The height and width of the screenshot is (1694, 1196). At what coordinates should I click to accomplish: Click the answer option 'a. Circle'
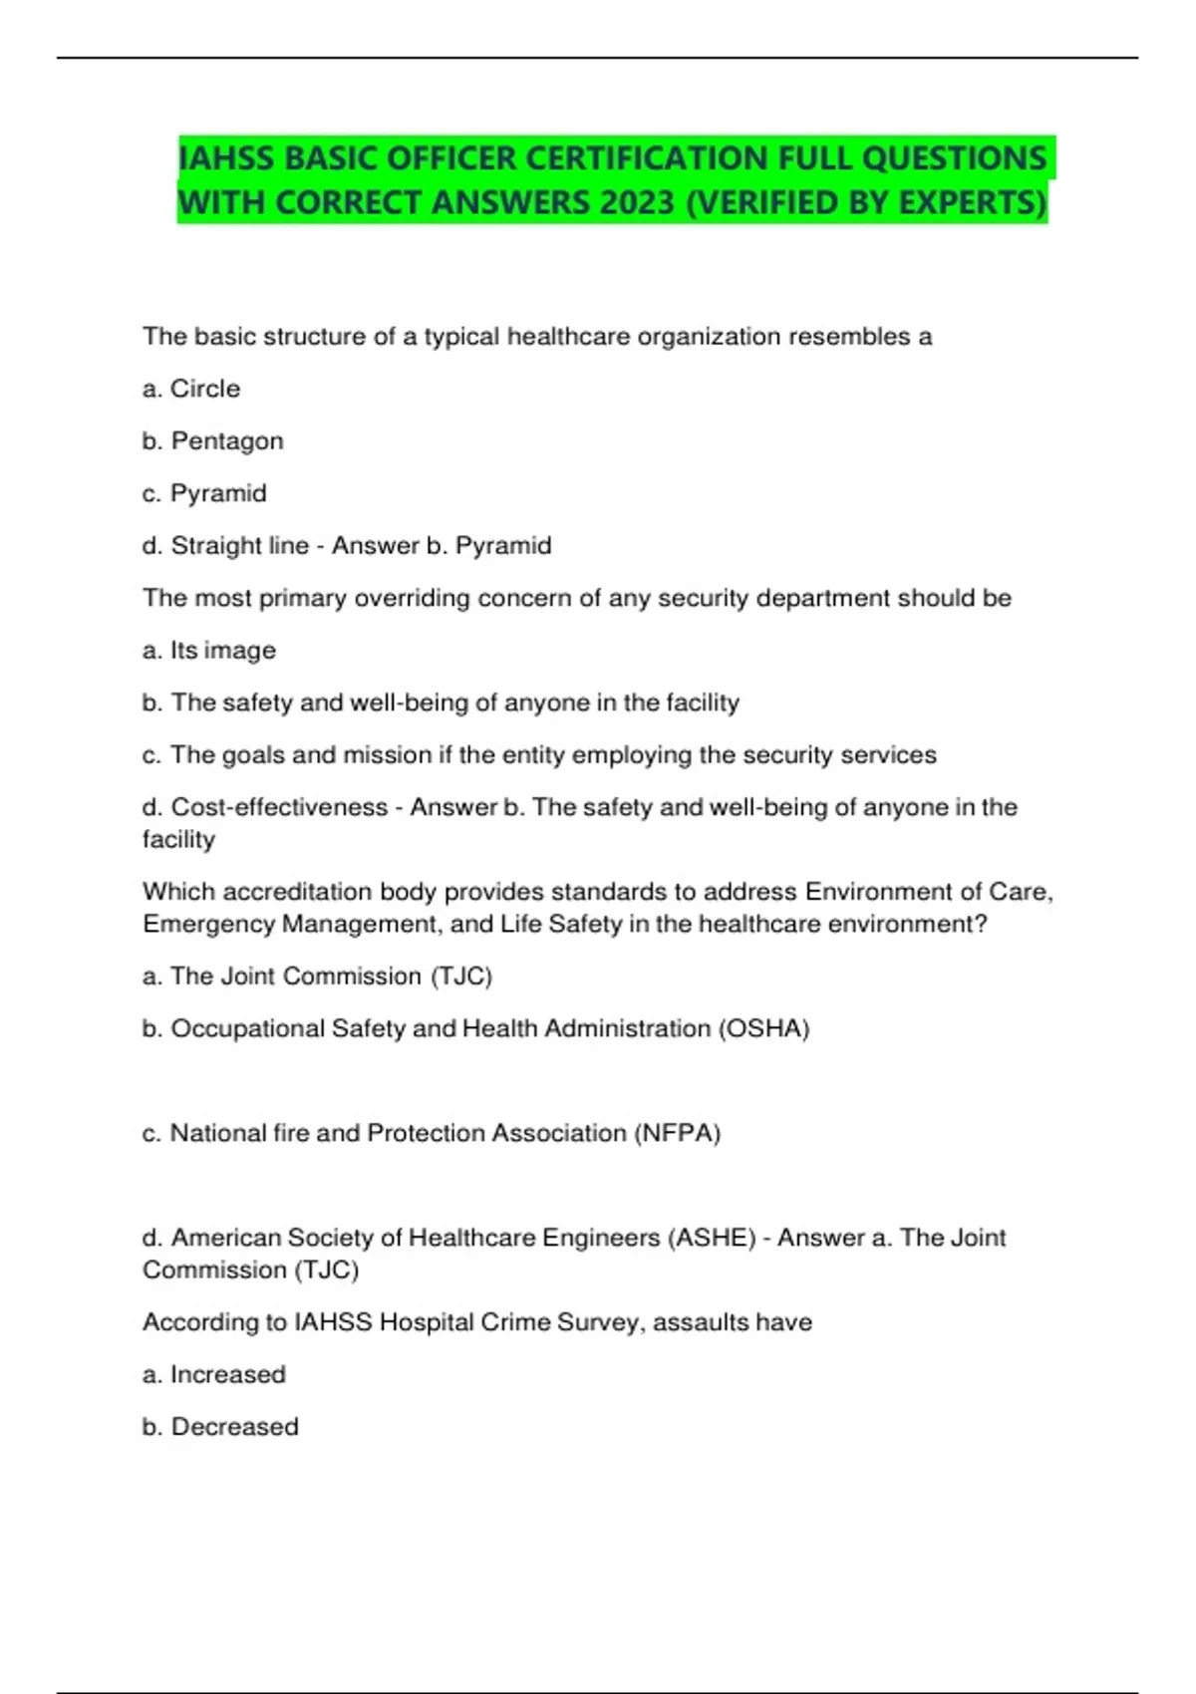pos(191,389)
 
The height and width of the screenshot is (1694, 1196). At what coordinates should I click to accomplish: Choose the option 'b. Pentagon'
pos(212,440)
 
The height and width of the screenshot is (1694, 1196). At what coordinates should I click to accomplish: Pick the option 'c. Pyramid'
pos(204,493)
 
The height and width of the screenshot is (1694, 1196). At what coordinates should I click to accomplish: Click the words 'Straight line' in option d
pos(240,545)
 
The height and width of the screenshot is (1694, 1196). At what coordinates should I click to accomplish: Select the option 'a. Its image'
pos(209,650)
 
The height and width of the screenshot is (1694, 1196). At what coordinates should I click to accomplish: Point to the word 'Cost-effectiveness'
pos(279,806)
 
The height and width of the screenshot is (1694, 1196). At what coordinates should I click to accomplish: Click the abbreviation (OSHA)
pos(763,1027)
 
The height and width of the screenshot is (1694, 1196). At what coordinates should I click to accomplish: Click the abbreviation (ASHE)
pos(711,1237)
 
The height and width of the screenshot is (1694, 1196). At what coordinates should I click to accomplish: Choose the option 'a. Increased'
pos(214,1374)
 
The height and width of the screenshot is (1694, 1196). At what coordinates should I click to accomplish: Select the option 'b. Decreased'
pos(220,1426)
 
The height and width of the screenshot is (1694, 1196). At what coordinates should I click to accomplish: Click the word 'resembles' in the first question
pos(848,336)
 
